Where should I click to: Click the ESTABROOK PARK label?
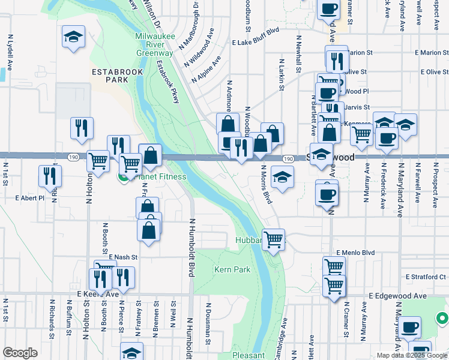coord(110,75)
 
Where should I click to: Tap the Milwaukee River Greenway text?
coord(155,44)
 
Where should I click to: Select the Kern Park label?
coord(232,270)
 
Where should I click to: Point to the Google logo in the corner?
coord(20,353)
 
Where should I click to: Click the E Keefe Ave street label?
coord(98,295)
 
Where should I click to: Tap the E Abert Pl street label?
coord(29,197)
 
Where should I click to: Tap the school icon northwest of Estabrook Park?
coord(73,37)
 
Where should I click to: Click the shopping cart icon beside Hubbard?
coord(274,239)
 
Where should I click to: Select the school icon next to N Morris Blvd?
coord(282,177)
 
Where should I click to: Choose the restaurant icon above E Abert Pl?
coord(49,175)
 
